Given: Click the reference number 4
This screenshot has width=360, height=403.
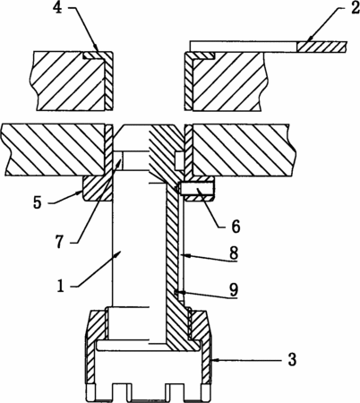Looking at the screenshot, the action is tap(57, 8).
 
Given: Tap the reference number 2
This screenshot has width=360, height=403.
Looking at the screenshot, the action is tap(355, 8).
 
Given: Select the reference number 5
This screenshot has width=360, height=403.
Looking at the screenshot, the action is tap(38, 203).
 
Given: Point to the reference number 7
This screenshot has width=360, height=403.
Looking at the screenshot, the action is tap(59, 243).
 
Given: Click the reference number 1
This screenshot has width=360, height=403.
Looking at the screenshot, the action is tap(61, 287).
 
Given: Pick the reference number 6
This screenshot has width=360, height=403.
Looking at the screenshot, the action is tap(236, 227).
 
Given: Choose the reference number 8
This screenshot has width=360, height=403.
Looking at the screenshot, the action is tap(234, 253).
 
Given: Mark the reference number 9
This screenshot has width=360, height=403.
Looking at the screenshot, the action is tap(234, 289).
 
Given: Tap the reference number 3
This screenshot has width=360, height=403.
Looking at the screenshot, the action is tap(292, 359).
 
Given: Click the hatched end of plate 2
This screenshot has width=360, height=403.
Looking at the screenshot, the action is tap(321, 47).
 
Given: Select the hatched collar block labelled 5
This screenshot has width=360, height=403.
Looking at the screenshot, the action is tap(98, 188).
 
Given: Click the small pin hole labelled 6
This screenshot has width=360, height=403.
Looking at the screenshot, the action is tap(196, 189).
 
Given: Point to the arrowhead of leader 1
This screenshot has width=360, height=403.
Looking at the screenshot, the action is tap(118, 253).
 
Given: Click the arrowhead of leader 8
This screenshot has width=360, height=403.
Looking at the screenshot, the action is tap(184, 255).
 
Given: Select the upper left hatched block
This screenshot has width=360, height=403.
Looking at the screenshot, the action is tap(72, 81).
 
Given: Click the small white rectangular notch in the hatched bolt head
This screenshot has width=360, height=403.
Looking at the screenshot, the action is tap(178, 161).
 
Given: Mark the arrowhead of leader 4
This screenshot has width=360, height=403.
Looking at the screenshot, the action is tap(97, 47).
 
